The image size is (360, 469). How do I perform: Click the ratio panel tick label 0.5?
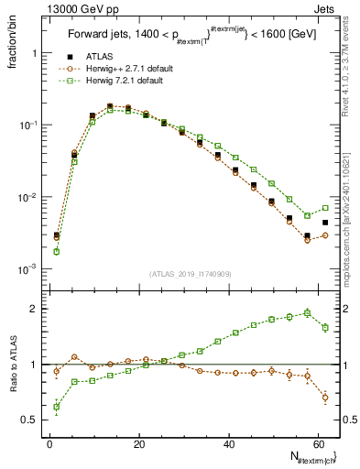click(x=31, y=420)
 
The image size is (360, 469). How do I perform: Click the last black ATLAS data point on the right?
click(x=325, y=223)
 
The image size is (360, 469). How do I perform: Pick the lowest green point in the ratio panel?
click(x=57, y=407)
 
